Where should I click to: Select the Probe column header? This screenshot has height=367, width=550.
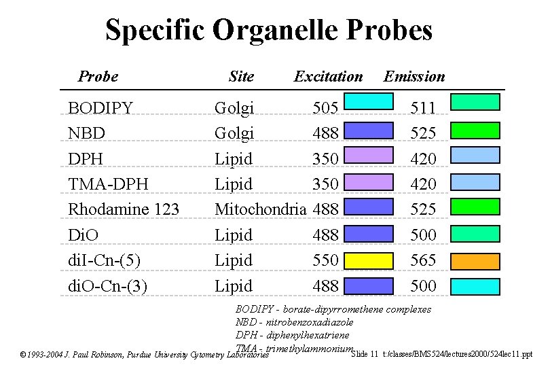click(98, 76)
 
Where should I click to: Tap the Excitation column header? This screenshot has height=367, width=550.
click(328, 76)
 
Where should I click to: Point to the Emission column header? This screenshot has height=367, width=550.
click(414, 76)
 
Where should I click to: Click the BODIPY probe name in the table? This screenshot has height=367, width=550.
click(100, 107)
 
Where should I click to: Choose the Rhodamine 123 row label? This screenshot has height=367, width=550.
click(124, 209)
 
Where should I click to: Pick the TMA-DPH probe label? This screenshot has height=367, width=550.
click(109, 184)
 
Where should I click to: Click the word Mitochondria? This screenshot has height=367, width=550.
click(260, 209)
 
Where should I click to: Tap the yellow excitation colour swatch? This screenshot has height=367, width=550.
click(369, 260)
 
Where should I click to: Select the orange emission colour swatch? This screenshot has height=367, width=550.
click(475, 260)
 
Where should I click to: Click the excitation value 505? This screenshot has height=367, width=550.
click(325, 107)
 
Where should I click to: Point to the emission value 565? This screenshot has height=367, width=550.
click(423, 260)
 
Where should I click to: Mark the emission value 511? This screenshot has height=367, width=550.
click(423, 107)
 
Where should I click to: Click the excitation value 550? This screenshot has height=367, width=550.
click(325, 260)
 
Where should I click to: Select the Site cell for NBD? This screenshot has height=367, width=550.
click(234, 133)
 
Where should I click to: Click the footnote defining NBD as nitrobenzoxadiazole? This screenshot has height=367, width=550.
click(294, 322)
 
